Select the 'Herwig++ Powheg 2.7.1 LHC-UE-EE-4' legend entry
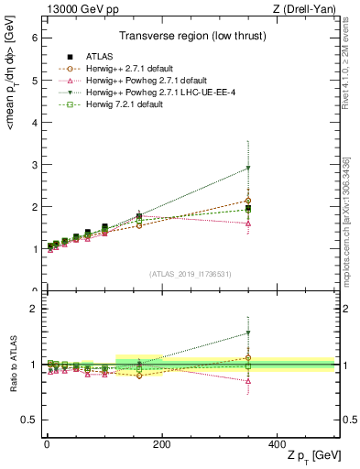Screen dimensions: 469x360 point(151,93)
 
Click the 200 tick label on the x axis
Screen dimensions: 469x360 point(161,442)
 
